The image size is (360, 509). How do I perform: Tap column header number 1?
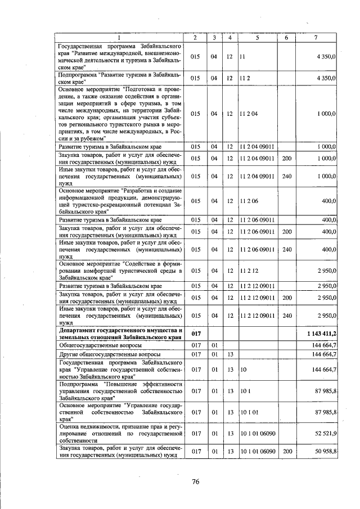point(119,37)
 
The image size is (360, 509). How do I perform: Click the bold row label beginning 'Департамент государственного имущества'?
point(121,334)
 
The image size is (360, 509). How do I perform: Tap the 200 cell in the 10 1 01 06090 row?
point(286,451)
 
